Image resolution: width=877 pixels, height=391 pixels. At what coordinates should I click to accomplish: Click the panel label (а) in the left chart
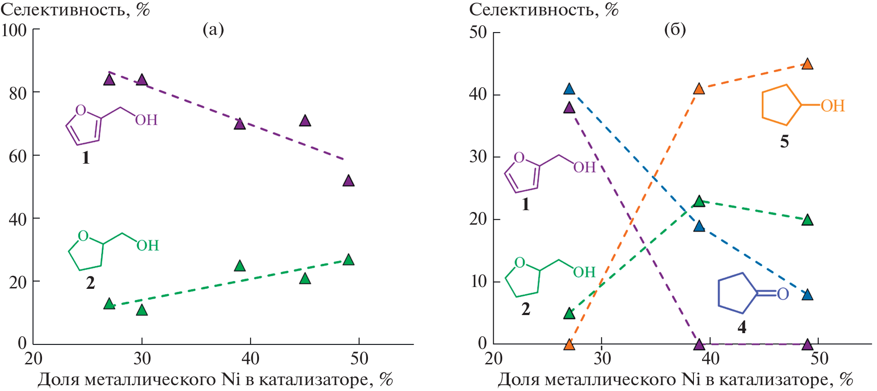213,30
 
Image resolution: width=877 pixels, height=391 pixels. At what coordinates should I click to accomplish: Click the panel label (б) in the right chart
675,30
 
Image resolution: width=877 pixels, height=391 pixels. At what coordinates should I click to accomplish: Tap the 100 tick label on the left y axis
14,31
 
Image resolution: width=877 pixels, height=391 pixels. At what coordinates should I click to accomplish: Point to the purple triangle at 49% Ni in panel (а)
348,181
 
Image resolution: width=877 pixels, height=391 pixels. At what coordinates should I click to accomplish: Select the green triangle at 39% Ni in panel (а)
240,266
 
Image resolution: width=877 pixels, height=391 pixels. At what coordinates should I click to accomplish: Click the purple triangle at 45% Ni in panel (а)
305,121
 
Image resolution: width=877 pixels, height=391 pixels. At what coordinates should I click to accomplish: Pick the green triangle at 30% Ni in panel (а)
142,310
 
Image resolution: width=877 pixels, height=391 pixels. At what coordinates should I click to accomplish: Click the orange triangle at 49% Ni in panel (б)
807,64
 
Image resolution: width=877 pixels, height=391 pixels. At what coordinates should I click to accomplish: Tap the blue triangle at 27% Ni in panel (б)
569,89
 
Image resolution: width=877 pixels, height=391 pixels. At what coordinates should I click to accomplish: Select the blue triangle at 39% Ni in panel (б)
699,226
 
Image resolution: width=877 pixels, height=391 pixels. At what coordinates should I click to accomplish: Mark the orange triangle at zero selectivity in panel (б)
569,345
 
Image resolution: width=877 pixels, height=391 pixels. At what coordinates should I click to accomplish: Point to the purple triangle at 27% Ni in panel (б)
569,108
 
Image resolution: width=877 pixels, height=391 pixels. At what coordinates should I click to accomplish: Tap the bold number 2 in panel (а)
90,283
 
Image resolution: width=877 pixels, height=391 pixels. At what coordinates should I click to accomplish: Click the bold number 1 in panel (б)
525,205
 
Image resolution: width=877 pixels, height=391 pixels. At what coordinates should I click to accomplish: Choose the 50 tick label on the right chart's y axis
478,33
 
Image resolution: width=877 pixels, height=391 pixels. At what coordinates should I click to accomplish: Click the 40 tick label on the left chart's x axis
250,359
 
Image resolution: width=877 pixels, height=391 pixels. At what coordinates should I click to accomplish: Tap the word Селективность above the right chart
531,9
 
